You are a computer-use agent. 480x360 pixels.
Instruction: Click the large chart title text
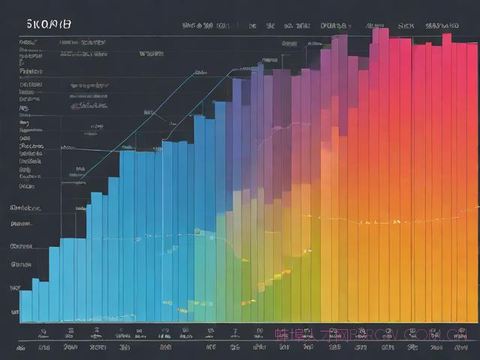[x=49, y=24]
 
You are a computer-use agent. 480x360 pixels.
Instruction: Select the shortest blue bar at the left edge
[x=25, y=306]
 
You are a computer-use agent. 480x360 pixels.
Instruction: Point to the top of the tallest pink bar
[x=379, y=30]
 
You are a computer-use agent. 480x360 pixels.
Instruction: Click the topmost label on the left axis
[x=27, y=43]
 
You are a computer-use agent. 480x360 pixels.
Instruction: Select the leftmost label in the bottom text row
[x=43, y=348]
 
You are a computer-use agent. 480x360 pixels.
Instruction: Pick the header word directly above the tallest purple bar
[x=334, y=25]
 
